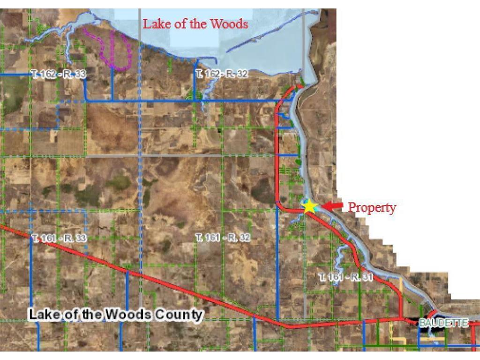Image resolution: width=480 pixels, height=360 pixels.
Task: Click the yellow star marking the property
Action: click(309, 206)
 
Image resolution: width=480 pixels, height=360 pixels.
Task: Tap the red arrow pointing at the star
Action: click(332, 206)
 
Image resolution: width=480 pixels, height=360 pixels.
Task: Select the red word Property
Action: click(372, 207)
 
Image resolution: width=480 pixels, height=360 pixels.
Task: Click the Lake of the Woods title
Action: click(195, 24)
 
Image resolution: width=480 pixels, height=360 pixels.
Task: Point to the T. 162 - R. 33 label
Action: click(59, 75)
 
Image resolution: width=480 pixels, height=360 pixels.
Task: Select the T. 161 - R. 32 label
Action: click(223, 238)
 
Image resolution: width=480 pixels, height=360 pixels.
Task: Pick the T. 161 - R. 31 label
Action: click(345, 277)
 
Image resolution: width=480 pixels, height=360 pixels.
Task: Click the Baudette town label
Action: click(443, 323)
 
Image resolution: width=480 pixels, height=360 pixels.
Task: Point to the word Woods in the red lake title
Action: click(229, 24)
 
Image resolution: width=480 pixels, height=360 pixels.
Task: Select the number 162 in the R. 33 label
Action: click(48, 75)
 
